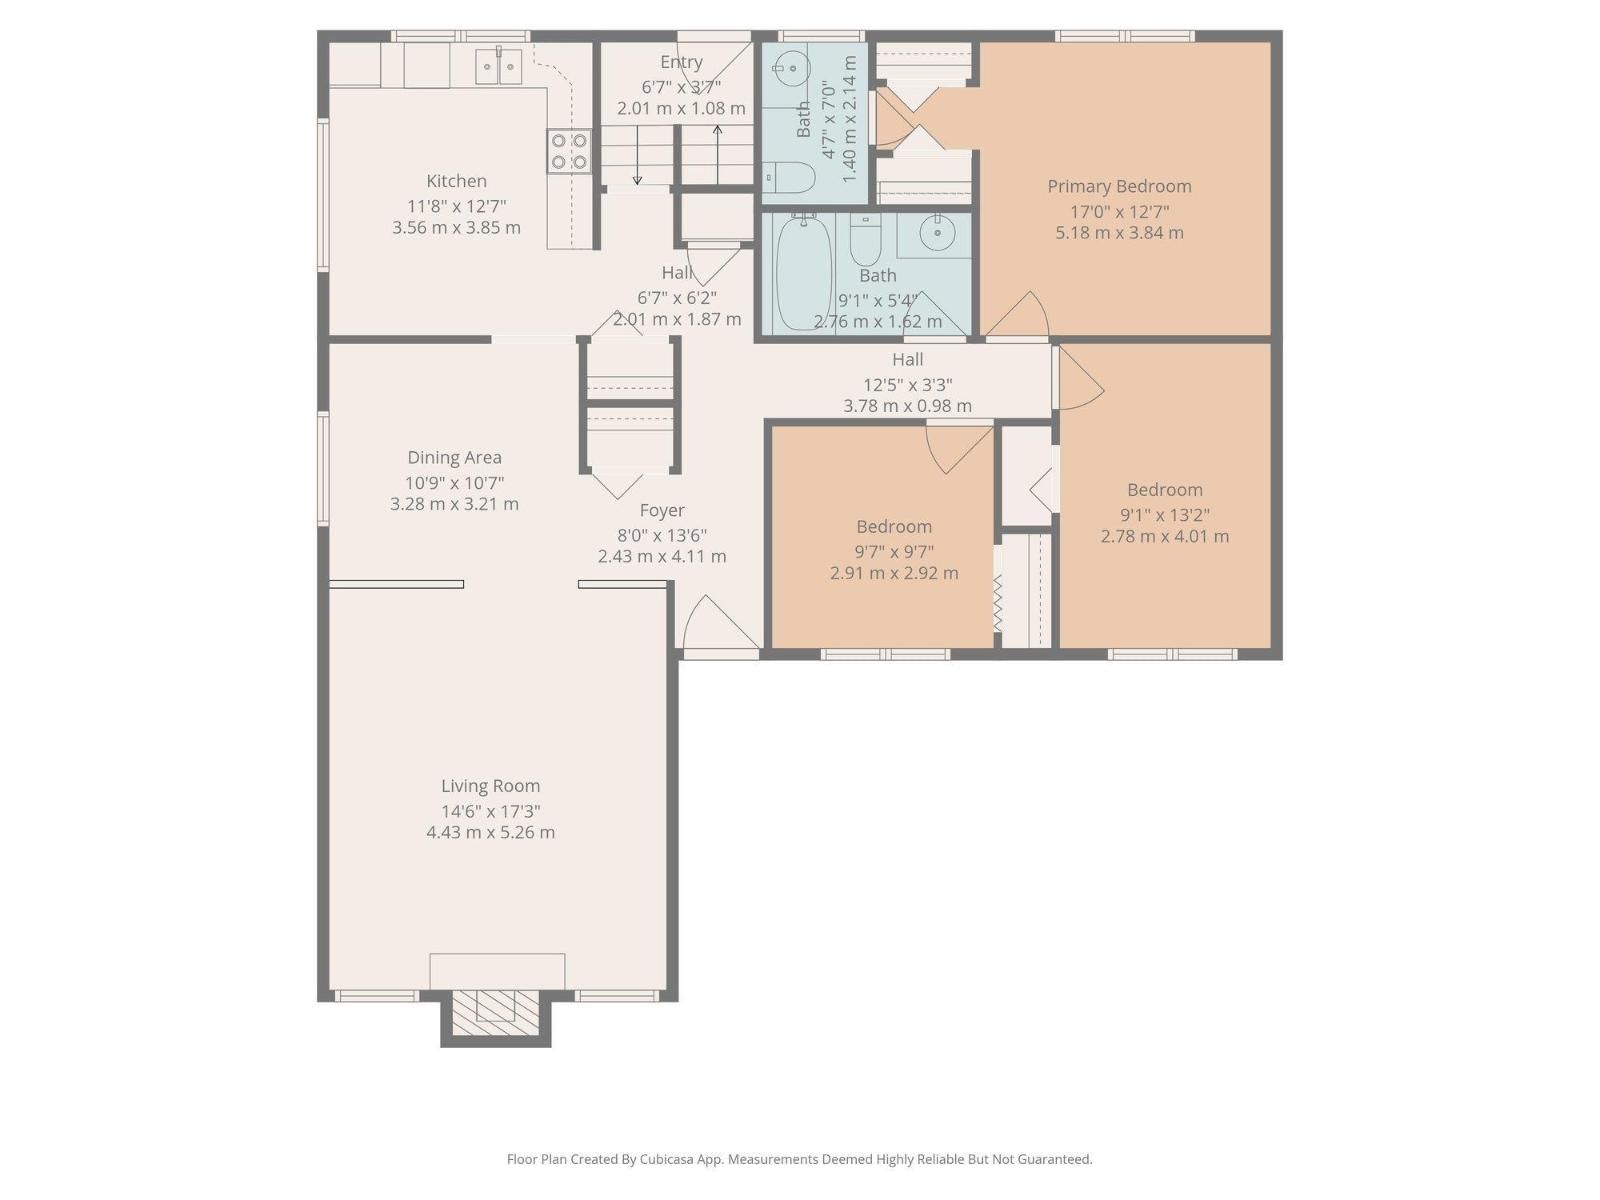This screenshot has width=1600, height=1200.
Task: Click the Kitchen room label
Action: pos(456,181)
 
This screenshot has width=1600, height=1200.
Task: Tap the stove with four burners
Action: pos(569,151)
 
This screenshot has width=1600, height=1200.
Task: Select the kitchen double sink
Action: pos(498,67)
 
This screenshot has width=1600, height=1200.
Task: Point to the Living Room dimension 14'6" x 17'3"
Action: pos(490,811)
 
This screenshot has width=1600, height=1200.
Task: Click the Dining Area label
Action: pos(454,457)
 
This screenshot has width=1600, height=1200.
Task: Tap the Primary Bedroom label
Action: pos(1119,186)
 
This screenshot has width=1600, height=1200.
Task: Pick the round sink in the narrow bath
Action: pos(791,68)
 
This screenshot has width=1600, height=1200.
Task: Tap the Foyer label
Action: pos(662,510)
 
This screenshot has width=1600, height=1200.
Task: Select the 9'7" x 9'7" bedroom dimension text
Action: pos(894,551)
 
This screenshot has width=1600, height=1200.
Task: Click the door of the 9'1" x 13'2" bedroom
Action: pos(1079,380)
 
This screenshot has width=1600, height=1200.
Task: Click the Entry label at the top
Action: pos(681,62)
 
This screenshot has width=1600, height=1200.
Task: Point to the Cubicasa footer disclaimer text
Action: pos(799,1159)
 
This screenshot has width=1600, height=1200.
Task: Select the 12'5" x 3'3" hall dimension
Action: pos(907,384)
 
